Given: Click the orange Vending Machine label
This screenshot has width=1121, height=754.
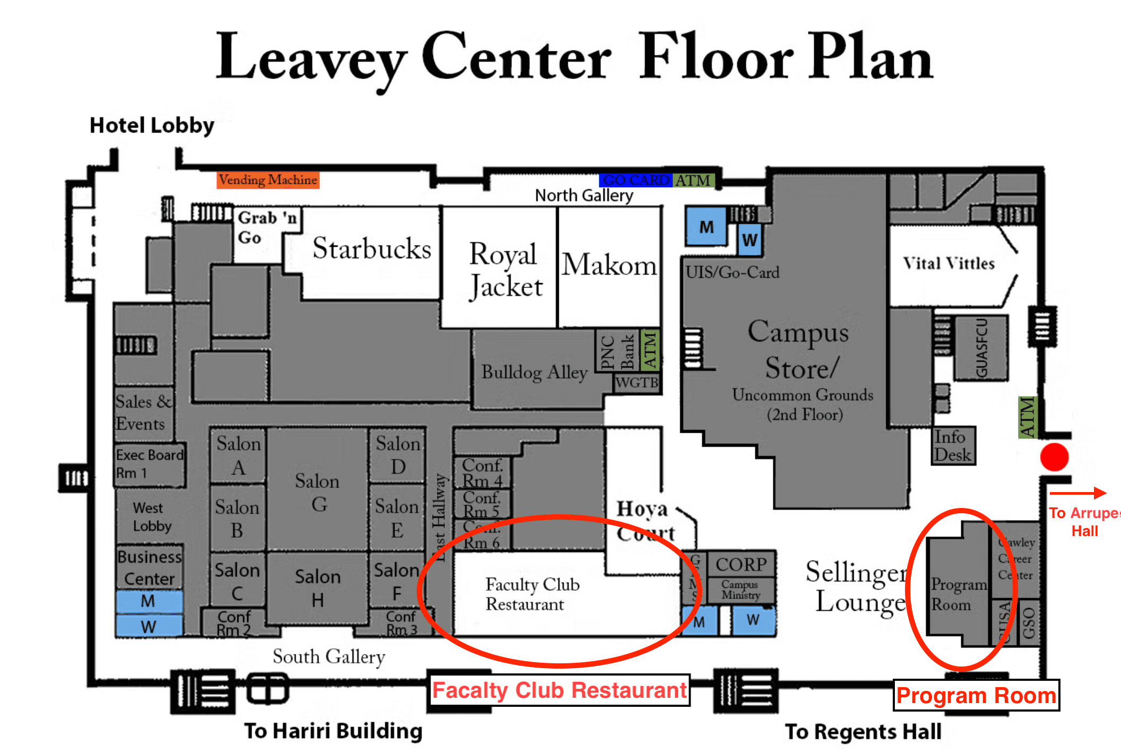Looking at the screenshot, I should (x=268, y=180).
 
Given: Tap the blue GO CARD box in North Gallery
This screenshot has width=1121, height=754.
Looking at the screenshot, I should (x=635, y=180).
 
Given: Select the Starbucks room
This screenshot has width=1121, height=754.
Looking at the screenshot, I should (x=372, y=249).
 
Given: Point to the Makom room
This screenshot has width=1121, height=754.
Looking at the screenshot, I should (x=609, y=265).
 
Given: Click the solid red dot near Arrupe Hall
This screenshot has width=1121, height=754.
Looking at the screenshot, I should (x=1054, y=457).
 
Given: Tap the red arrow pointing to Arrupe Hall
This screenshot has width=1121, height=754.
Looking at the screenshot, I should (x=1077, y=493).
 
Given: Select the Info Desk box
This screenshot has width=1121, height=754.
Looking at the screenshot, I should (x=953, y=446).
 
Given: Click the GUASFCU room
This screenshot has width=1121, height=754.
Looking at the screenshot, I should (x=981, y=348).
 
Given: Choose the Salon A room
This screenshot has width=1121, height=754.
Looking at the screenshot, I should (x=238, y=455).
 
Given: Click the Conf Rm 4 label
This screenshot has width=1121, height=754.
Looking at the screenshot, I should (x=482, y=472).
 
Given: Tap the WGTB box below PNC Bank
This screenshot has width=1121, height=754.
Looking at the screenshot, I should (x=636, y=382).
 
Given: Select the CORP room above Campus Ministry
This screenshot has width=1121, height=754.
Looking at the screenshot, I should (x=741, y=564).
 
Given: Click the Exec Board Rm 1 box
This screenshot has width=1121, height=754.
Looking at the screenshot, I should (x=150, y=464).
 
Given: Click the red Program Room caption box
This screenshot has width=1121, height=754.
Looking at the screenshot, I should (x=976, y=695).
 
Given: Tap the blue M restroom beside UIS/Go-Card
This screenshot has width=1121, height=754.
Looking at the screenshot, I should (x=706, y=227).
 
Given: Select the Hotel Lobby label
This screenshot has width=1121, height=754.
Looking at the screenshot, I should (x=152, y=126).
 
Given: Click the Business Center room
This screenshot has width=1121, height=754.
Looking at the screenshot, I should (x=150, y=567).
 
